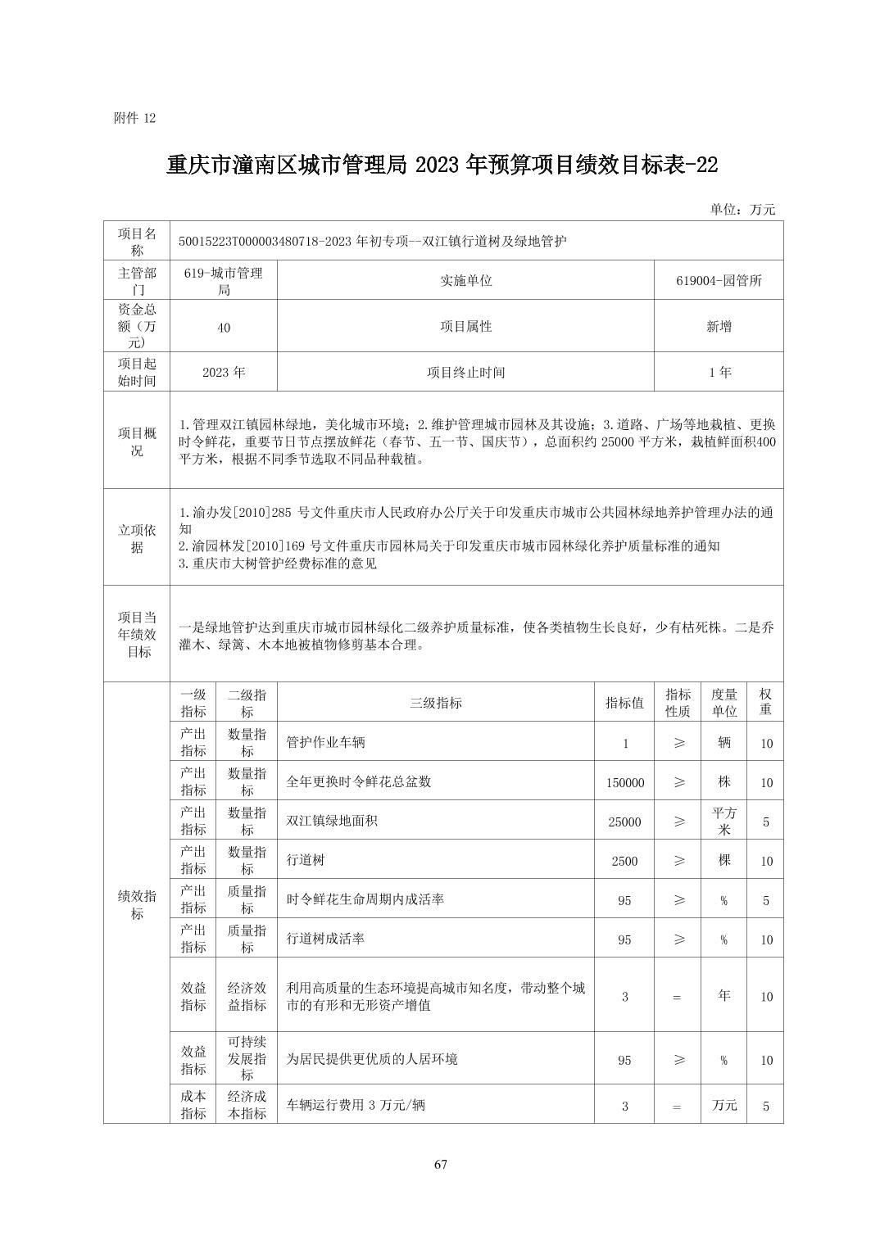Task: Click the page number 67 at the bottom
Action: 440,1165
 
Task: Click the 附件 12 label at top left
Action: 134,118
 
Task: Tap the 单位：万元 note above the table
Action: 742,209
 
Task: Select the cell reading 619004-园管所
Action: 719,280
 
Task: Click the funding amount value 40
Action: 224,327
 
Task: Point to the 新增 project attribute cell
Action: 719,326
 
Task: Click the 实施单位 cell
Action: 465,280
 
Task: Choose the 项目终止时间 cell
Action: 465,372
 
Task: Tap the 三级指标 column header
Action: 436,703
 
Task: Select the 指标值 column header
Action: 624,703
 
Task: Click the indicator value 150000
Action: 624,782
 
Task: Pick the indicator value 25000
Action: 624,822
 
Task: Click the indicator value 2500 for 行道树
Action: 624,861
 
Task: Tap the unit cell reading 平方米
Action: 724,821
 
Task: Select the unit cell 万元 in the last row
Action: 724,1105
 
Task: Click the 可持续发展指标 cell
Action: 247,1058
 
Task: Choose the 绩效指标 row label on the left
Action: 137,904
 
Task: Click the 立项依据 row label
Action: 137,538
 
